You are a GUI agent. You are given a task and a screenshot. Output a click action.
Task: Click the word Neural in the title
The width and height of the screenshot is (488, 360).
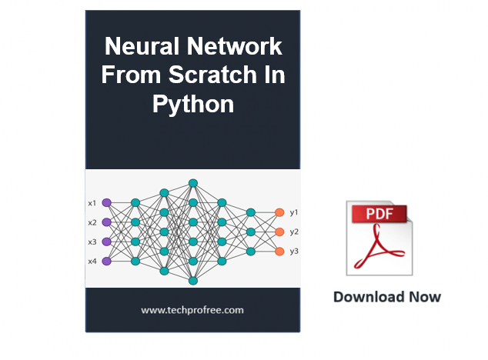pos(142,46)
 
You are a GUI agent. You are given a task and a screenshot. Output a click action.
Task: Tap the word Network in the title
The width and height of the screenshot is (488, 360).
pos(234,46)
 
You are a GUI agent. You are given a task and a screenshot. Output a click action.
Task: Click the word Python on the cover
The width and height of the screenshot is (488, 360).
pos(193,105)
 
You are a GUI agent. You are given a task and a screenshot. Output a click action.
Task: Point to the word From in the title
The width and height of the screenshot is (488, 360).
pos(131,75)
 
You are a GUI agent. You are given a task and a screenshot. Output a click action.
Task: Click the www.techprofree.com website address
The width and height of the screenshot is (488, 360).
pos(192,310)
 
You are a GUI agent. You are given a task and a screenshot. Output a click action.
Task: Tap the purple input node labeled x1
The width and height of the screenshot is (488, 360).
pos(107,203)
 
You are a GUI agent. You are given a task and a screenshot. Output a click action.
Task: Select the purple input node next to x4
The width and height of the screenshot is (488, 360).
pos(107,261)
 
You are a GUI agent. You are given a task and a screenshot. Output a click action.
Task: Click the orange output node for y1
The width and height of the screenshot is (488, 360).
pos(279,212)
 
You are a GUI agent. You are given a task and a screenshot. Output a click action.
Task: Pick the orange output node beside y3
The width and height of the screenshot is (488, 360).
pos(279,252)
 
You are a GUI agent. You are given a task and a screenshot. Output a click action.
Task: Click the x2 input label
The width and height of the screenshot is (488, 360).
pos(92,222)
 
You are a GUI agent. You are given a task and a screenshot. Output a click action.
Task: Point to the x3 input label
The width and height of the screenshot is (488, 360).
pos(92,242)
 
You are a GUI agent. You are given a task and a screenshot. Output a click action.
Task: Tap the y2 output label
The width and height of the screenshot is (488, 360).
pos(294,232)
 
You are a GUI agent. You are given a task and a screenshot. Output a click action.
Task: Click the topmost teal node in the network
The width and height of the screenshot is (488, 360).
pos(193,183)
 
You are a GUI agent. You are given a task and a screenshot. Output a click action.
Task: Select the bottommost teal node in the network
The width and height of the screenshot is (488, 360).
pos(193,281)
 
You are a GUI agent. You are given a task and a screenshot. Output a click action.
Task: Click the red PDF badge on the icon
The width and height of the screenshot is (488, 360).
pos(379,214)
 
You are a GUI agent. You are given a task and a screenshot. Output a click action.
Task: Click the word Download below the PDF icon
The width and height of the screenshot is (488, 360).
pos(369,297)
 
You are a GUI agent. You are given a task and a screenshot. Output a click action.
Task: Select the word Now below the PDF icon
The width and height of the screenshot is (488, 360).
pos(425,297)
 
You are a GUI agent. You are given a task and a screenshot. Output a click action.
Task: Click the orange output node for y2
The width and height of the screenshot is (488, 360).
pos(279,232)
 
